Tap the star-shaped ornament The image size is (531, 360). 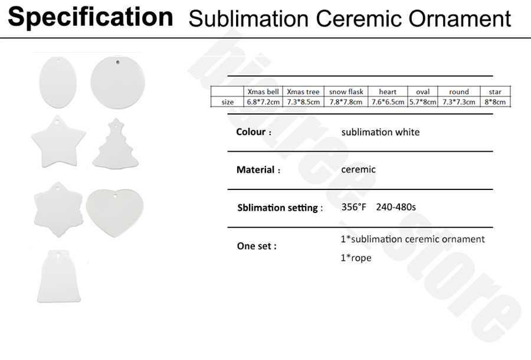[58, 144]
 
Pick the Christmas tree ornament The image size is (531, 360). [117, 146]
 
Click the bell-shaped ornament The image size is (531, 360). [59, 276]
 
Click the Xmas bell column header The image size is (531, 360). [263, 91]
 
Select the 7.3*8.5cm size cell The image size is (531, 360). [303, 102]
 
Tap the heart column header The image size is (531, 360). [388, 91]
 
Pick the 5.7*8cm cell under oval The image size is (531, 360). [422, 102]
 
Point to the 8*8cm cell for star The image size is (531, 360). [495, 102]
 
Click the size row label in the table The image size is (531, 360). [227, 102]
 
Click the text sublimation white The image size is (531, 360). [381, 132]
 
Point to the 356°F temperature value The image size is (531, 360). [355, 207]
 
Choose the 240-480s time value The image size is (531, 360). [396, 207]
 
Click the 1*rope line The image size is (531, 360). [356, 258]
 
